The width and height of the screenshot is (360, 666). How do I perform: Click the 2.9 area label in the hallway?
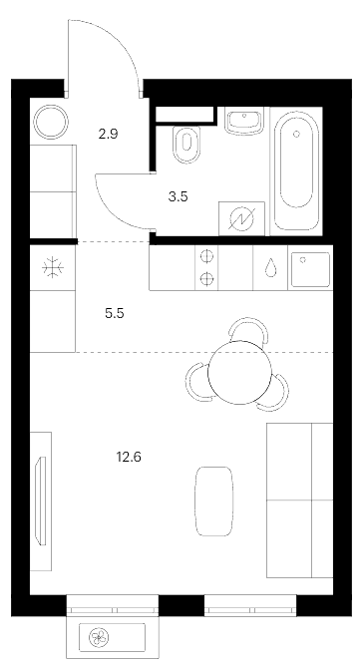108,135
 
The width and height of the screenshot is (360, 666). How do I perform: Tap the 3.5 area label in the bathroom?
179,196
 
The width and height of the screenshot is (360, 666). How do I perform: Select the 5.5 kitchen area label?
115,313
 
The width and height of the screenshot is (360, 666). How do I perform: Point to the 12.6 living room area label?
129,457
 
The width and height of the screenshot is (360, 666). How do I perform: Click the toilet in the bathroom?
186,144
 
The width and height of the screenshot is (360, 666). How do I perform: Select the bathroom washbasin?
244,122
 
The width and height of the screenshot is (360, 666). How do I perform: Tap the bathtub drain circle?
296,134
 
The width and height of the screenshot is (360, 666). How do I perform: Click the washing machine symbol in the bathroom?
241,218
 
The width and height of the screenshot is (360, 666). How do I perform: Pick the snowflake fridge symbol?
53,267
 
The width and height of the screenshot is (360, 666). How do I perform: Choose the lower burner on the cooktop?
206,279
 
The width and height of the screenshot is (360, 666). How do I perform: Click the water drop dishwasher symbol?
270,268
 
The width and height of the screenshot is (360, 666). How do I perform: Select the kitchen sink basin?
311,269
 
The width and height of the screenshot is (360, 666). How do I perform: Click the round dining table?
239,372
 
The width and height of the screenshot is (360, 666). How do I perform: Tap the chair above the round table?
248,329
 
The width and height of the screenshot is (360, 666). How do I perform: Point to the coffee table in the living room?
213,501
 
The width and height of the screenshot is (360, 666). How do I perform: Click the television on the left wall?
42,500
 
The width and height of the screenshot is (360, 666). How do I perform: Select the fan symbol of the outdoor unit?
99,637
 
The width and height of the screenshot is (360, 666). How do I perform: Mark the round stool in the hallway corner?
51,122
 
